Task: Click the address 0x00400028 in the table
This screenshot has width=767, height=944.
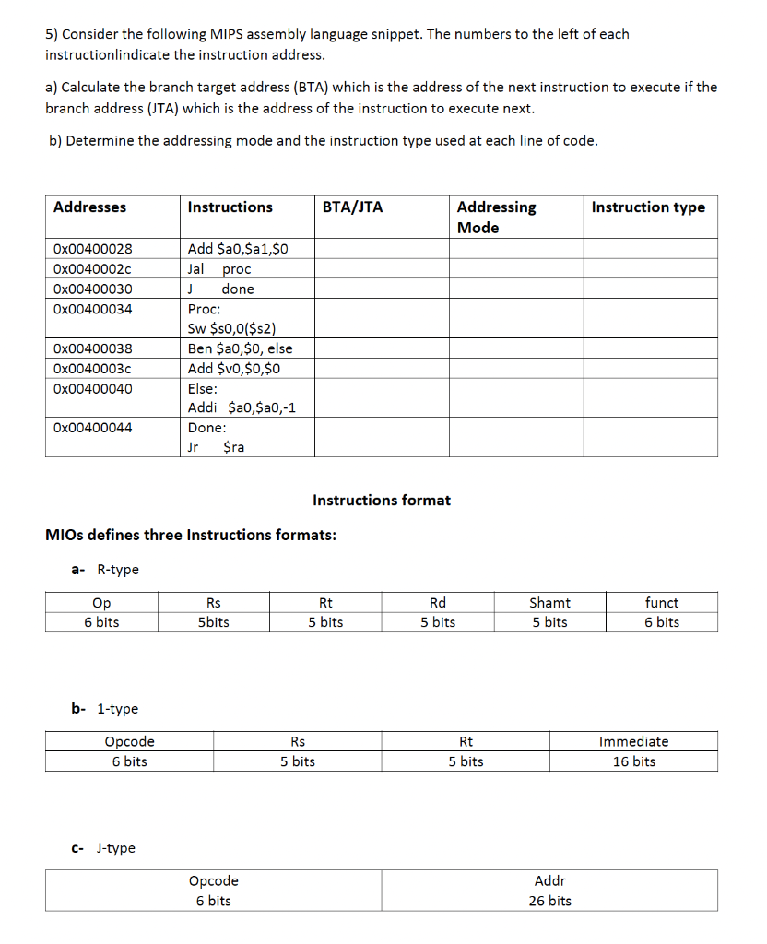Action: (92, 249)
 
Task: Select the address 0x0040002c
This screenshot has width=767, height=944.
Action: (92, 269)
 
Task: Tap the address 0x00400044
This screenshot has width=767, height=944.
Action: (92, 428)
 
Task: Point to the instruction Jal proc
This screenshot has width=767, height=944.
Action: (218, 269)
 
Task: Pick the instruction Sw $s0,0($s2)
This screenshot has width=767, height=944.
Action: (231, 328)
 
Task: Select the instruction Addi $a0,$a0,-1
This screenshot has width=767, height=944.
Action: (242, 407)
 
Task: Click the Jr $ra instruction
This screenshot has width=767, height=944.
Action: (216, 447)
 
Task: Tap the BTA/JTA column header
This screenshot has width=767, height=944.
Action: (352, 207)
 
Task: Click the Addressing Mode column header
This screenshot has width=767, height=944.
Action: (496, 218)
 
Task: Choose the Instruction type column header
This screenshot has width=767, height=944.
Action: (648, 207)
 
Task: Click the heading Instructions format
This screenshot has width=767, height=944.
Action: (382, 501)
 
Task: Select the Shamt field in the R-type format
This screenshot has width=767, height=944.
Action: (549, 603)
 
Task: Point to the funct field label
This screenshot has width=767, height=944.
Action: (662, 603)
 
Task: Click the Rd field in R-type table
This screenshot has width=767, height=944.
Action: (438, 603)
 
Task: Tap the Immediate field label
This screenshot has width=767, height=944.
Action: (633, 742)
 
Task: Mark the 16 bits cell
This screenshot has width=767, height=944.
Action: (633, 761)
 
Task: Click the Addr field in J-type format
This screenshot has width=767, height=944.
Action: (549, 881)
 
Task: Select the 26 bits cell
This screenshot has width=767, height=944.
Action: (549, 901)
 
